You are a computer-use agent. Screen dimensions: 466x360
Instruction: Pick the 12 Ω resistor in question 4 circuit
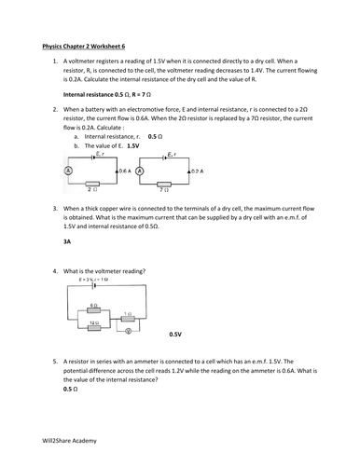pos(92,325)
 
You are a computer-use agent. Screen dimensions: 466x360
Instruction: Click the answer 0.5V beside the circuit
pos(175,334)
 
